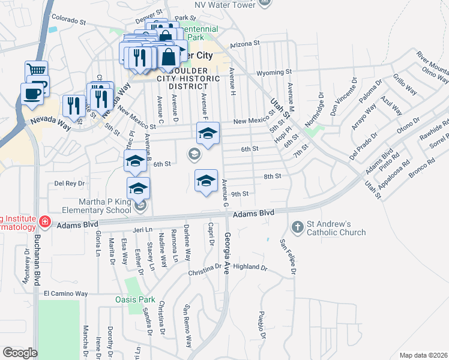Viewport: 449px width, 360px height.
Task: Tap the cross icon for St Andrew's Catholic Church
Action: point(297,227)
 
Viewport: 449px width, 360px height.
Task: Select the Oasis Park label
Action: point(135,299)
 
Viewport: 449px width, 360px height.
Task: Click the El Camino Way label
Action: point(66,294)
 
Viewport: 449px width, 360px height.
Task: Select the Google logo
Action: point(20,353)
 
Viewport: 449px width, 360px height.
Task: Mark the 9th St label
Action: point(240,194)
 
